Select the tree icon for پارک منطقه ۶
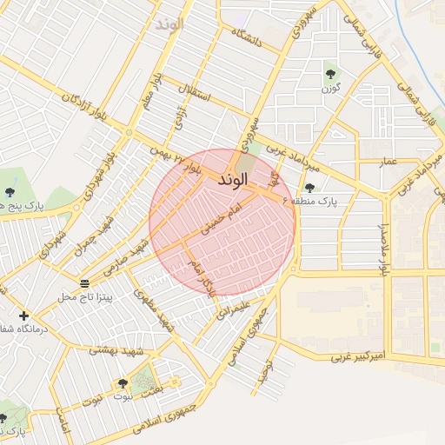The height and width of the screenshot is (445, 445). point(309,188)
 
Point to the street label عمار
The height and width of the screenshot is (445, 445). point(388,162)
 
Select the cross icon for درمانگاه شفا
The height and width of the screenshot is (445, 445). point(23,315)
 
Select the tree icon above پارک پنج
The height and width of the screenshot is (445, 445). point(10,192)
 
